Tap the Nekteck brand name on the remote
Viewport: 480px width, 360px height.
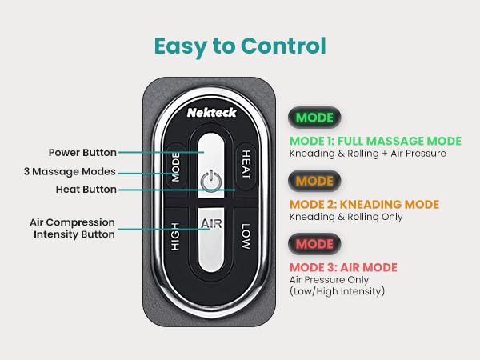pos(211,114)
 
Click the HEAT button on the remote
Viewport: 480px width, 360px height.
pos(246,162)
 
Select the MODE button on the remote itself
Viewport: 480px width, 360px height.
pos(176,166)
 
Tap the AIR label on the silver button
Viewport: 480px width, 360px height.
pos(211,224)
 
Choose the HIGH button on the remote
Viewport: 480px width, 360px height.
pos(175,237)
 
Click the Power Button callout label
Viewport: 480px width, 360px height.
pos(82,152)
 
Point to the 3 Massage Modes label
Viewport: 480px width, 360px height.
pos(71,171)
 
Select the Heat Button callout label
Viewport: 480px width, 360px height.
pos(85,189)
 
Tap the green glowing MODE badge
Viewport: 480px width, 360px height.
pos(314,118)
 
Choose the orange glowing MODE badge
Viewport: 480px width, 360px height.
pos(314,181)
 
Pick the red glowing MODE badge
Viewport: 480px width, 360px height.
pos(314,242)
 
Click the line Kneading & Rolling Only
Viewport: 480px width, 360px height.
pos(346,217)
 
